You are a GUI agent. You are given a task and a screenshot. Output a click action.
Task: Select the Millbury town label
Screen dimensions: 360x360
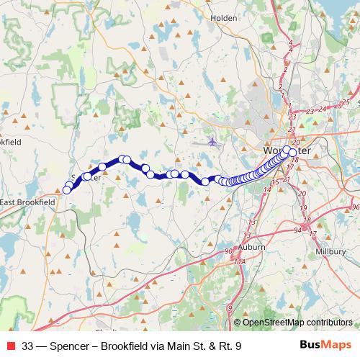[x=330, y=251]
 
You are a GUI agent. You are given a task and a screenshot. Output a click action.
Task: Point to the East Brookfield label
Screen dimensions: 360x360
[x=27, y=204]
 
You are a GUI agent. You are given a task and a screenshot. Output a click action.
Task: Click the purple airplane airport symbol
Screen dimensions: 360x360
[x=212, y=141]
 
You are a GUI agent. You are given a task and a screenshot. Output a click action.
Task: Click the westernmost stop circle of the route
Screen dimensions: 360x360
[x=67, y=190]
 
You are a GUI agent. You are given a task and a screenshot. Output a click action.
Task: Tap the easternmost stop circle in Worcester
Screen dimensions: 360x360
[x=287, y=150]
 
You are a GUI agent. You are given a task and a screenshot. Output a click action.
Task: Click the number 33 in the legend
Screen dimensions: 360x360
[x=29, y=346]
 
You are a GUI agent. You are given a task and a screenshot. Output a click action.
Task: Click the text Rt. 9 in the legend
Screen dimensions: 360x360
[x=228, y=346]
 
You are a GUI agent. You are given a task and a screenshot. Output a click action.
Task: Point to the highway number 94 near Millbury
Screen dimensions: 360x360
[x=298, y=229]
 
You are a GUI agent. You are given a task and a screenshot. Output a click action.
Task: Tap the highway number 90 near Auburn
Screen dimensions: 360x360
[x=229, y=251]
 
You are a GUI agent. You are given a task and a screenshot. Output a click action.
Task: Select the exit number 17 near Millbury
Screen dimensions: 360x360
[x=312, y=234]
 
